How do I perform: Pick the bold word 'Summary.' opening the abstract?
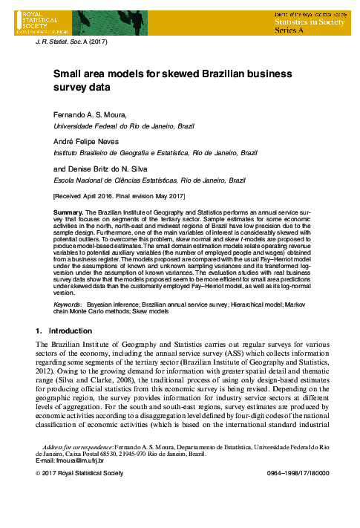point(68,212)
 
